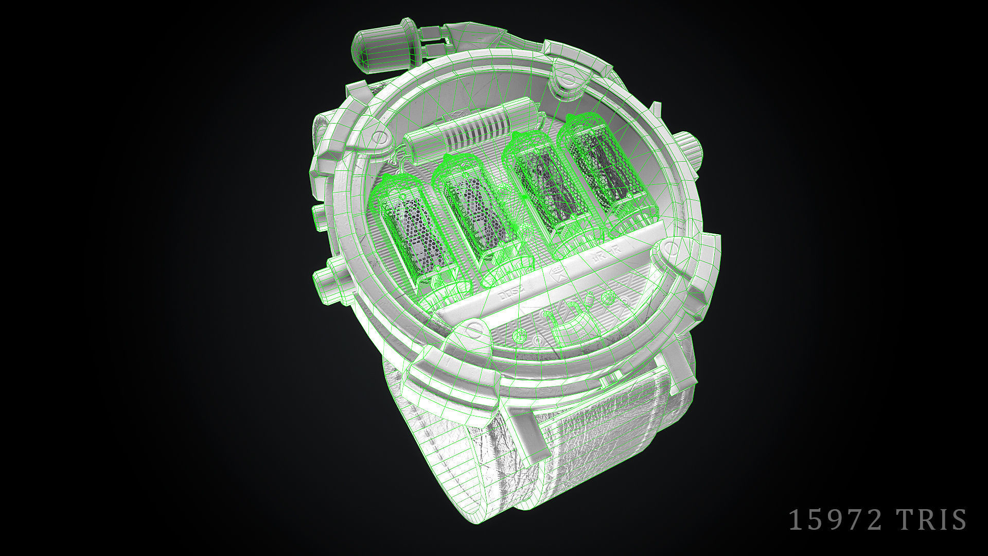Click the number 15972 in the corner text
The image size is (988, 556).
(x=835, y=520)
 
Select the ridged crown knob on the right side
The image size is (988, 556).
(x=687, y=149)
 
